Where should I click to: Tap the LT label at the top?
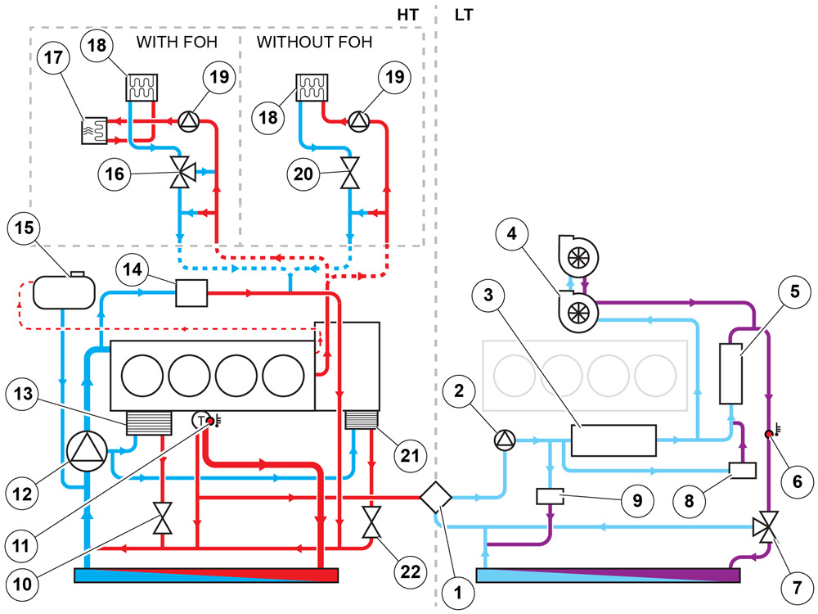click(x=463, y=15)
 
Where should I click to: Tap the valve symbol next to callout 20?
click(x=350, y=172)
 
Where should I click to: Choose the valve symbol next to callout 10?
click(x=161, y=519)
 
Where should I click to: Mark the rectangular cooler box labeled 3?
click(x=613, y=440)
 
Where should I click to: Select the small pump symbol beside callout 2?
click(x=502, y=440)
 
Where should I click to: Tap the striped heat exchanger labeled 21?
click(x=361, y=420)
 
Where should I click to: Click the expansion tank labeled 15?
click(x=61, y=290)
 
